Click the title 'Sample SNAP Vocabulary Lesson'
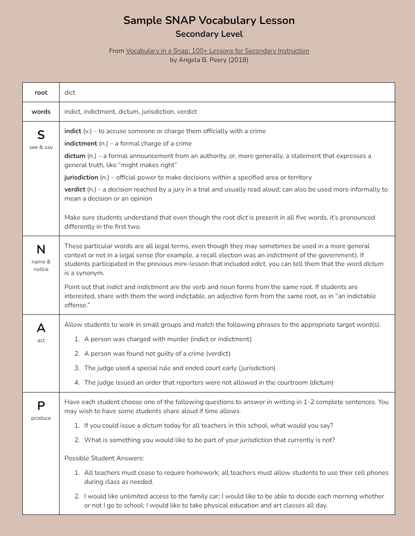pos(209,21)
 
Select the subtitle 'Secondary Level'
pos(209,34)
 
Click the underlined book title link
pos(217,51)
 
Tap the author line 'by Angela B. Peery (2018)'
pos(209,60)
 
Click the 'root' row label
pos(41,93)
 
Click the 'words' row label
pos(41,112)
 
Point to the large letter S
pos(41,135)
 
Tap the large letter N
pos(41,249)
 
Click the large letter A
pos(41,328)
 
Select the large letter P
pos(41,406)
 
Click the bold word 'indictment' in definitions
pos(81,144)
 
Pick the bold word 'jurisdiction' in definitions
pos(81,177)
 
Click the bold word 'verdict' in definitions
pos(75,189)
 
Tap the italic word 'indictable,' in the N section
pos(190,296)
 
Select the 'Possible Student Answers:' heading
pos(104,458)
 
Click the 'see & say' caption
pos(41,147)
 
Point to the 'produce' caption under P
pos(41,418)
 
